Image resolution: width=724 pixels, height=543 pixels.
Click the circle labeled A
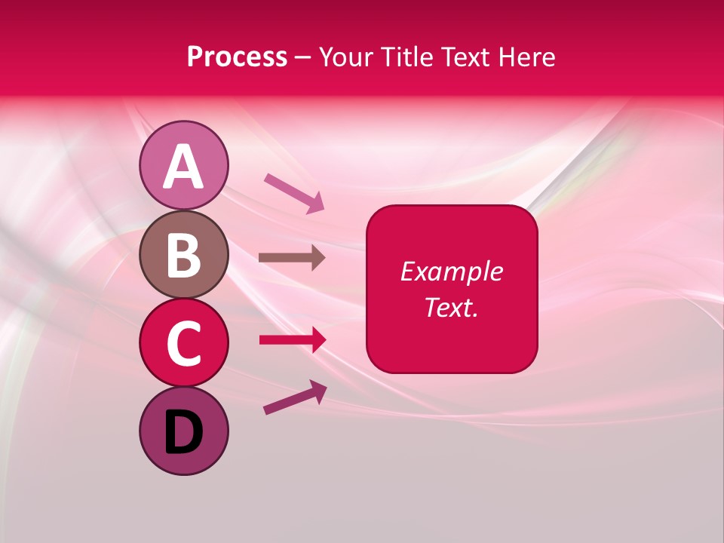coord(183,165)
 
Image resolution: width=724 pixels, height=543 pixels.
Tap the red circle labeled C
coord(183,342)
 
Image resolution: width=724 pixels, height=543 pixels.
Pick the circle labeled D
coord(183,431)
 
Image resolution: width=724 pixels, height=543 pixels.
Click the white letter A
coord(183,167)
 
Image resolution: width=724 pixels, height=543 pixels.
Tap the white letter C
coord(183,344)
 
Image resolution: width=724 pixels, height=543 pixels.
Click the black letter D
coord(183,432)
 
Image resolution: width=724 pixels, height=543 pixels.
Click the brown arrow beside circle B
coord(292,258)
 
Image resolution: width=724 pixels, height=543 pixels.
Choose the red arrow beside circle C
coord(292,340)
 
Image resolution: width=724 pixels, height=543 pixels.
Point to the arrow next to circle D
coord(294,397)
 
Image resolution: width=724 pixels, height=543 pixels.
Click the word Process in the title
coord(237,57)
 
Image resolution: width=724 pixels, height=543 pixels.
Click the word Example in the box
coord(452,271)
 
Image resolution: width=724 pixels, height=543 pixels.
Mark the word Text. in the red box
coord(452,308)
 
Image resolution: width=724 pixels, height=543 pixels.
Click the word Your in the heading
coord(347,57)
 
